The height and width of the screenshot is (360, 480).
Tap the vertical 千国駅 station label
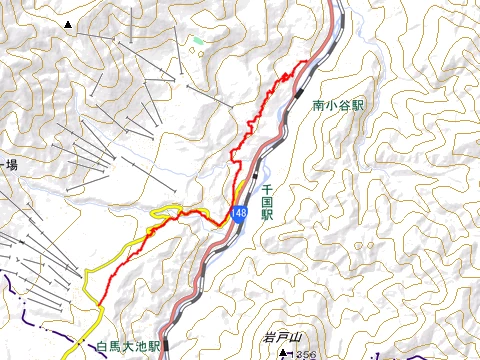[267, 201]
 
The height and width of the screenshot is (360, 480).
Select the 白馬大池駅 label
[128, 347]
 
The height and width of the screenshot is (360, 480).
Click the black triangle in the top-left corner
[67, 23]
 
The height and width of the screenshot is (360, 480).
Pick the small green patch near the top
[198, 41]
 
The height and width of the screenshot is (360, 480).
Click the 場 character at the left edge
[11, 165]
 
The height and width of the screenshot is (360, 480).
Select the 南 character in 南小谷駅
[318, 104]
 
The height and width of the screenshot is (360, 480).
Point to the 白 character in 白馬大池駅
[102, 347]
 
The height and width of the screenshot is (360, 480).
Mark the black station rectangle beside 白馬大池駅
[166, 345]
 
